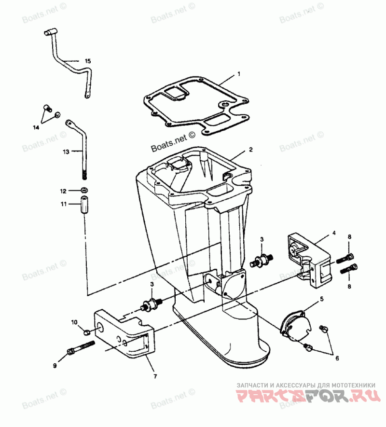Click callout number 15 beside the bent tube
pyautogui.click(x=87, y=61)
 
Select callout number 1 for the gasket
pyautogui.click(x=238, y=75)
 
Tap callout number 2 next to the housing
pyautogui.click(x=250, y=150)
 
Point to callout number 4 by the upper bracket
pyautogui.click(x=333, y=234)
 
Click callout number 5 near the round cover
pyautogui.click(x=322, y=299)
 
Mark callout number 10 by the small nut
pyautogui.click(x=74, y=321)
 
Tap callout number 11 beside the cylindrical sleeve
pyautogui.click(x=63, y=204)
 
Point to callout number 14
pyautogui.click(x=36, y=127)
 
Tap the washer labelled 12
pyautogui.click(x=84, y=189)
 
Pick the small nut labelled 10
pyautogui.click(x=85, y=331)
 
